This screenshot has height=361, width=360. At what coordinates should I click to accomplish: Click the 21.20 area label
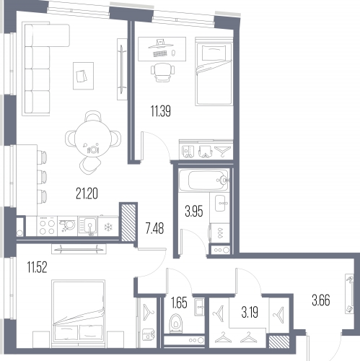pos(87,193)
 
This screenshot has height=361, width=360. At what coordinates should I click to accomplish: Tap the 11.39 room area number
pos(161,111)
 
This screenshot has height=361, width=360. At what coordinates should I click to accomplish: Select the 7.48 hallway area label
pos(154,228)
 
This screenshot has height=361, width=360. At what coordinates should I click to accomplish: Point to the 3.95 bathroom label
pos(194,211)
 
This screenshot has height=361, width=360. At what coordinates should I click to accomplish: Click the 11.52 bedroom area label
pos(37,267)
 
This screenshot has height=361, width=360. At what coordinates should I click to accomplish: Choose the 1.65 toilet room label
pos(179,303)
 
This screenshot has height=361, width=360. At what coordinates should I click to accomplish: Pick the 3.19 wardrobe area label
pos(250,313)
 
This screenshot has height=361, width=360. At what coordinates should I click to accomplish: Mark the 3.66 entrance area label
pos(321,300)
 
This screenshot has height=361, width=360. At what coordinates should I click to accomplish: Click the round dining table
pos(93,139)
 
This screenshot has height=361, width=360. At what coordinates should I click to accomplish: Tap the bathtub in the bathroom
pos(203,180)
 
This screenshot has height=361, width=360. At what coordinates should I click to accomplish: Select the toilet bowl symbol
pos(176,323)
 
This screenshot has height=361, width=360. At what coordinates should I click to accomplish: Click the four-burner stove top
pos(47,226)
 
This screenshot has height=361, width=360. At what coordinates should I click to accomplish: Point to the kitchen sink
pos(88,226)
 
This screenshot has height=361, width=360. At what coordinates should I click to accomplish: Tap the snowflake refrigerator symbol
pos(108,227)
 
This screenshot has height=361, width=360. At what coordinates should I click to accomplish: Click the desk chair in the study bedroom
pos(163,72)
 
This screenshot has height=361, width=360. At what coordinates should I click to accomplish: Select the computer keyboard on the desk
pos(160,54)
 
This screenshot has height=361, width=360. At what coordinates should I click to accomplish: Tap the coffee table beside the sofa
pos(83,76)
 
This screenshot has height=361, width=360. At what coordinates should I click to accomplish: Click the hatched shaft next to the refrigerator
pos(128,222)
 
